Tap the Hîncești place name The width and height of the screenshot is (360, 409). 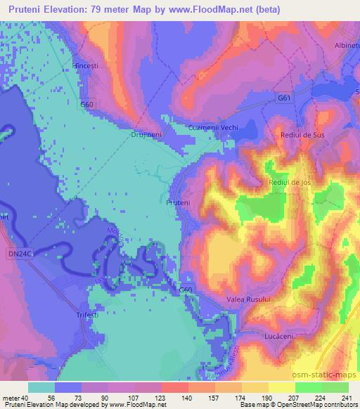pos(87,64)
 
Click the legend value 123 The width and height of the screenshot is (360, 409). pos(148,397)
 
